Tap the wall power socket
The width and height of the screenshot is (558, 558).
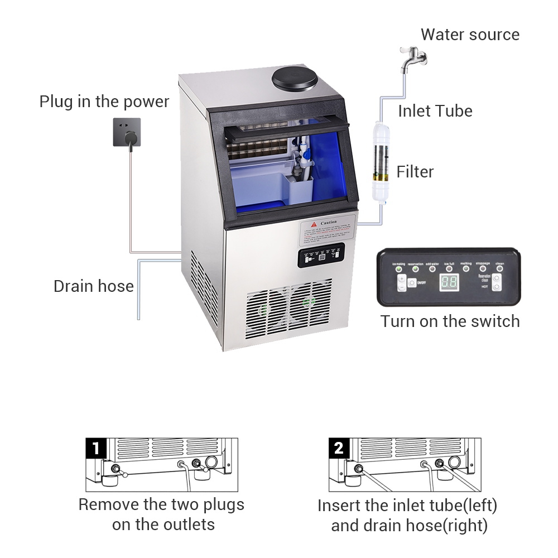pos(127,132)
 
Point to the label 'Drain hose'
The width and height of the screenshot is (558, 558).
pos(94,286)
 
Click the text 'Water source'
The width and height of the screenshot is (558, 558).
pos(470,35)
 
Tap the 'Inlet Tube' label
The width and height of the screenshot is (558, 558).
pos(435,110)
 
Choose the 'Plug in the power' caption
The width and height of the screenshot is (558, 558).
pos(104,102)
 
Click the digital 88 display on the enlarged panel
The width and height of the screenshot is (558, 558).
pos(449,282)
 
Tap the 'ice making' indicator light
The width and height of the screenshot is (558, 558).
pos(399,270)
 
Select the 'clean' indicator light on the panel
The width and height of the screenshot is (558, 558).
pos(499,269)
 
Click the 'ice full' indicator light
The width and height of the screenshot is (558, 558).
pos(449,269)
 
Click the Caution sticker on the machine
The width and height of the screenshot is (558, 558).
pos(328,230)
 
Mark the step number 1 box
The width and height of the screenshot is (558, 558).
pos(97,449)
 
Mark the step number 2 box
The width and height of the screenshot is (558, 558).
pos(339,449)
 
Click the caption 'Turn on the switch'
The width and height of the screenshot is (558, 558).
pos(450,321)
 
